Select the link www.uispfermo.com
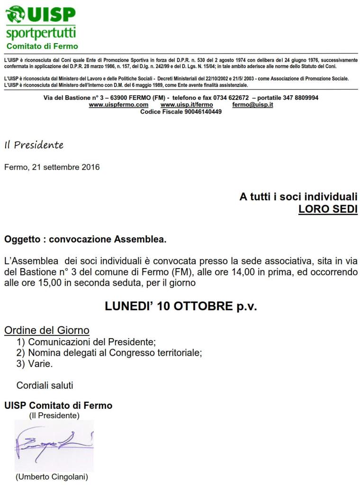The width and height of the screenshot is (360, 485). point(118,105)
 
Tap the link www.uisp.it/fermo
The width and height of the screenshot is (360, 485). point(187,105)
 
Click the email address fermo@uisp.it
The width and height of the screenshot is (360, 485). point(252,105)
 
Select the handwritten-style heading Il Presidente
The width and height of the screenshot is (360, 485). point(34,145)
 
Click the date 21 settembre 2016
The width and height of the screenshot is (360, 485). point(66,167)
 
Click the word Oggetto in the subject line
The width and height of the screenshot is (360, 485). point(22,240)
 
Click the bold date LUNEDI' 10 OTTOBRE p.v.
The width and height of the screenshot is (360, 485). point(180,306)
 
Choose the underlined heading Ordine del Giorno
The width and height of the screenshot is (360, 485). point(46,330)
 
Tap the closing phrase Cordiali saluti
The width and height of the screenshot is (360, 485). point(45,386)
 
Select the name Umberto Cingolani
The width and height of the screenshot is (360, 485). point(52,477)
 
